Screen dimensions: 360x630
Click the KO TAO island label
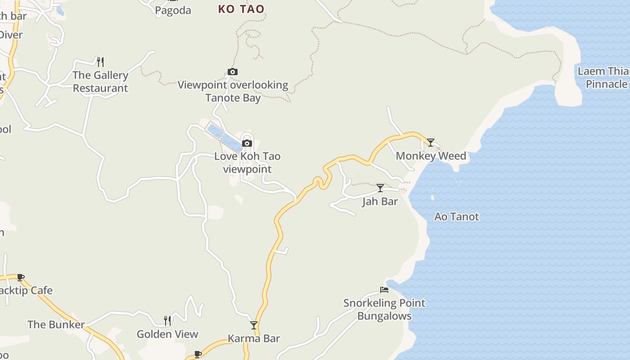(x=241, y=9)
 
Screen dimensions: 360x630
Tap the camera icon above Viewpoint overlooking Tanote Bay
(x=233, y=72)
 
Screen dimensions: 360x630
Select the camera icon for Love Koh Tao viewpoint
(x=247, y=143)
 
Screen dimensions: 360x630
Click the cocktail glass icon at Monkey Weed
(x=431, y=143)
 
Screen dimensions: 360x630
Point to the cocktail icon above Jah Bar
(x=380, y=188)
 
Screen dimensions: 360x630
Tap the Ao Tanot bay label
(x=456, y=216)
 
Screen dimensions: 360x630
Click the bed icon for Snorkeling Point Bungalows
(x=384, y=289)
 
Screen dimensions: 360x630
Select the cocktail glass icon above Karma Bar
(x=254, y=325)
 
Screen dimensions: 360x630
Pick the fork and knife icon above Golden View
(x=167, y=320)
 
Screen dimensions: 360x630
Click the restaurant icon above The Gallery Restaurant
(x=100, y=62)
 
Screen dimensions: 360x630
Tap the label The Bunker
(x=56, y=324)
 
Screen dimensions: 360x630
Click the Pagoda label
(x=173, y=10)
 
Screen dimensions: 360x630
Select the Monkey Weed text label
(x=431, y=156)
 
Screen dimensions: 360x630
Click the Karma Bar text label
(x=254, y=338)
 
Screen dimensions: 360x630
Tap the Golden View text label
(x=167, y=334)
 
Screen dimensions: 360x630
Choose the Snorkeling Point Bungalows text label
(x=384, y=309)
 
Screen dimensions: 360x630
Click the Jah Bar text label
(x=380, y=201)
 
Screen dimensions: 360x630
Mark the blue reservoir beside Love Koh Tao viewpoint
(x=225, y=137)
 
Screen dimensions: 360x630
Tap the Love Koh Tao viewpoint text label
(x=247, y=162)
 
